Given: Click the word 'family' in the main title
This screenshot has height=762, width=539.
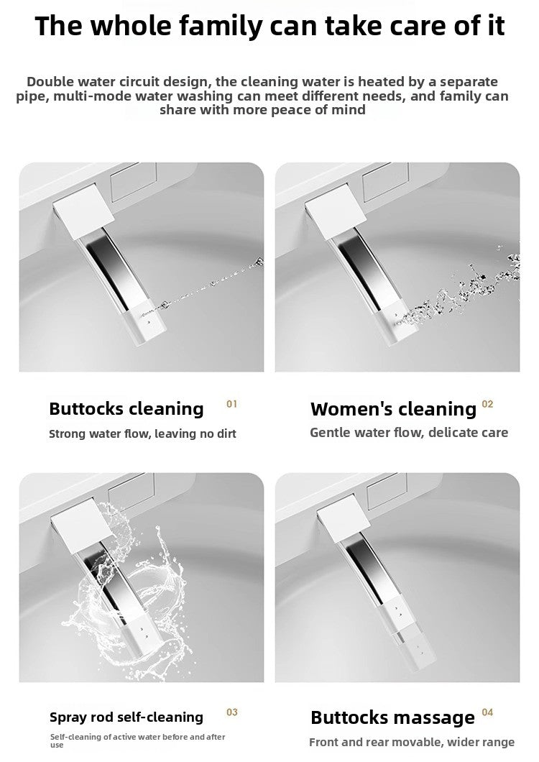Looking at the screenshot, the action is click(x=221, y=27).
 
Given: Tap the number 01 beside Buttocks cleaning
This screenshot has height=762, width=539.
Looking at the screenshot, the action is click(x=232, y=404).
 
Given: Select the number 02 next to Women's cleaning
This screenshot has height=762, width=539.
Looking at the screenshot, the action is click(x=487, y=404).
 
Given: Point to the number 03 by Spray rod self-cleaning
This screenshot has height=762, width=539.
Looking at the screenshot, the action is click(x=232, y=712).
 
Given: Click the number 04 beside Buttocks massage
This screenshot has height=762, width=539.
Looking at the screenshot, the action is click(x=487, y=712).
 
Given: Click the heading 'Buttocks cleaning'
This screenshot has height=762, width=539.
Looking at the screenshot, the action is click(x=126, y=409).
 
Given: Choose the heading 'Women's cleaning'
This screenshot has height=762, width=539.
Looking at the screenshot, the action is click(x=393, y=409).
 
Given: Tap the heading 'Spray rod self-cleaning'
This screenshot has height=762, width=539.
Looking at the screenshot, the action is click(x=126, y=717).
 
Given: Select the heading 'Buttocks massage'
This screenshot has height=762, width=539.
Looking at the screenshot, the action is click(x=392, y=717).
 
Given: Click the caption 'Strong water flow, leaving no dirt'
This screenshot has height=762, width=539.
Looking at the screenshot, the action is click(x=142, y=433).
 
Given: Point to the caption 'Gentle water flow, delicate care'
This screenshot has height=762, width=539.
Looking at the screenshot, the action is click(x=409, y=433).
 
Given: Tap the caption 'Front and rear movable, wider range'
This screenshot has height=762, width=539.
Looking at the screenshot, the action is click(x=412, y=742).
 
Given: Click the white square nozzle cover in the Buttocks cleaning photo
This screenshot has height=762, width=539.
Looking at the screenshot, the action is click(x=83, y=211).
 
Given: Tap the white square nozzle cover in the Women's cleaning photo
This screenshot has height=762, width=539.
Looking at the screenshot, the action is click(x=336, y=211).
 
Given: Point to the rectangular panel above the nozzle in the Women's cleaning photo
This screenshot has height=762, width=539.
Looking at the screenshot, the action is click(x=386, y=182).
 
